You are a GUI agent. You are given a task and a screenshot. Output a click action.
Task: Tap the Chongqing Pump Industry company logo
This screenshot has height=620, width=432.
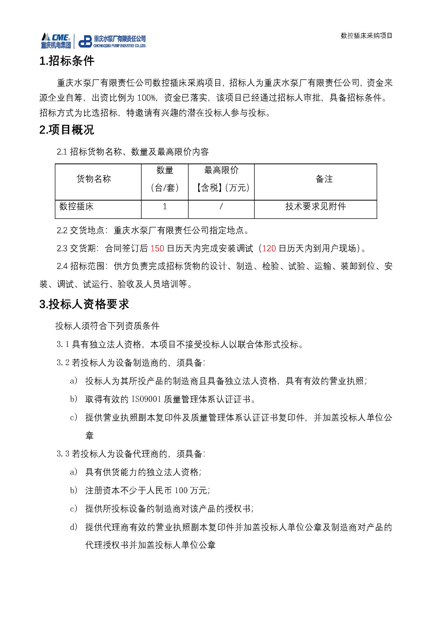(112, 42)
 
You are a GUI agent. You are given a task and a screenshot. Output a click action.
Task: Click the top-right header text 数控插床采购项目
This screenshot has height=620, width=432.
(366, 36)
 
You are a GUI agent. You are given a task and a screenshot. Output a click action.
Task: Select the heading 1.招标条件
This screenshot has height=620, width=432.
(67, 61)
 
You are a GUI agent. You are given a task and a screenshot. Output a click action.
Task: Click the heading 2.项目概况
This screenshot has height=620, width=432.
(67, 130)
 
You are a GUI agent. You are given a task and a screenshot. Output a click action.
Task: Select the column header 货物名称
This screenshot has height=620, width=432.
(94, 179)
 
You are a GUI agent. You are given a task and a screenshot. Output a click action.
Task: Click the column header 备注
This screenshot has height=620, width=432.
(324, 179)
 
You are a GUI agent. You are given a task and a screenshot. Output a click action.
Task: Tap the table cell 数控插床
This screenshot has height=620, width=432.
(77, 207)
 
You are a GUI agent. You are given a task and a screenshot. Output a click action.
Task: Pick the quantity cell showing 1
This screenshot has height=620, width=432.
(165, 207)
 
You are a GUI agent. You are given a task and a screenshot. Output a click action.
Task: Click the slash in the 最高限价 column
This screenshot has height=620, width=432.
(221, 207)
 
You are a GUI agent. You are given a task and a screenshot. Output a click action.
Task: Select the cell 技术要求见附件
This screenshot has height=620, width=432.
(316, 207)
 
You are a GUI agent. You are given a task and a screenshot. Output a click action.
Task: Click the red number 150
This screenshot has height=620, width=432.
(157, 248)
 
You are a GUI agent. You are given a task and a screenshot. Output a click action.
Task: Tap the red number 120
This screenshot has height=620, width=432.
(269, 248)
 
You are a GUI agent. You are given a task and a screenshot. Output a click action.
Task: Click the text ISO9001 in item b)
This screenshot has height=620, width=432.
(146, 399)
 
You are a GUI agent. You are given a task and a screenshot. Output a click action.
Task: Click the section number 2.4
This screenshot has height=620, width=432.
(62, 266)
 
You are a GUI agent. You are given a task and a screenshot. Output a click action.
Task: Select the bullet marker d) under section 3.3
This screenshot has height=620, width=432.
(74, 527)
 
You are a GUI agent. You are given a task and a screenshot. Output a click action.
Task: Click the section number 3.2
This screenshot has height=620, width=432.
(63, 363)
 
